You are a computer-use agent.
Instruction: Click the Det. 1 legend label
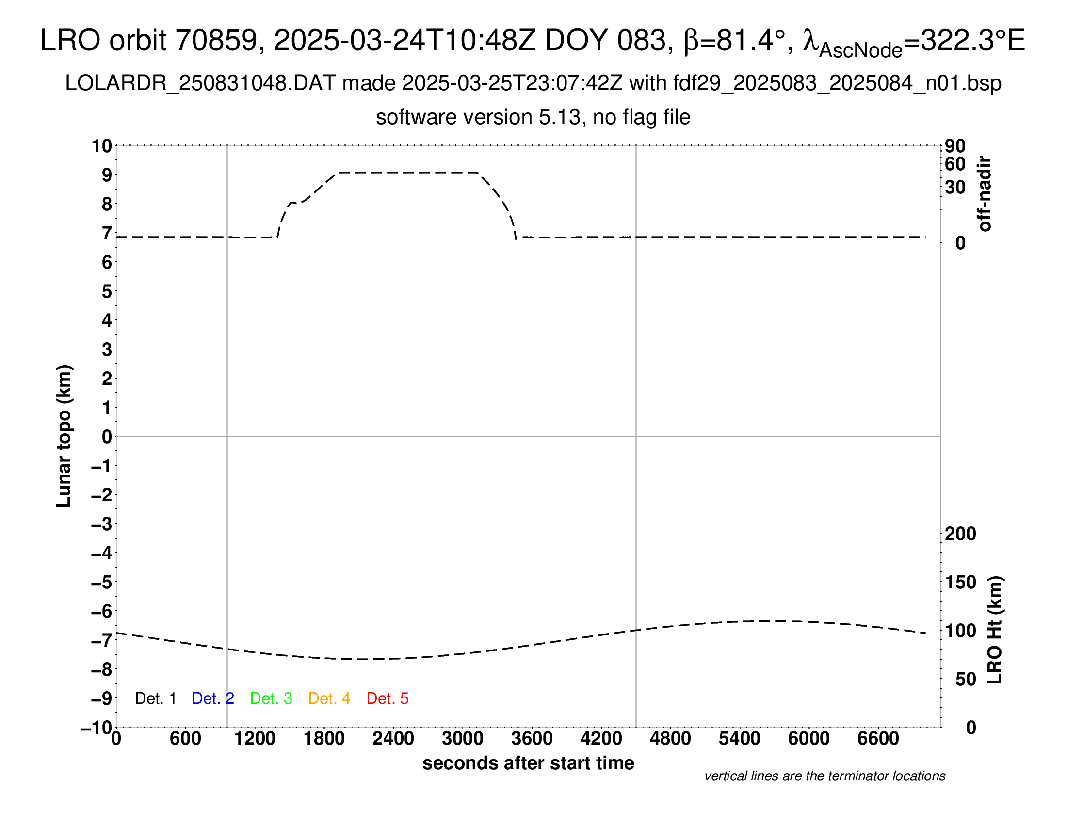155,698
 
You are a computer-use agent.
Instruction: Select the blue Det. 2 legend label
213,698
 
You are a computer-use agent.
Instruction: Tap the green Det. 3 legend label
271,698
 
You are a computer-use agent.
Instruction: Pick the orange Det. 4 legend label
329,698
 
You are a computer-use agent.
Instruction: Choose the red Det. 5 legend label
388,698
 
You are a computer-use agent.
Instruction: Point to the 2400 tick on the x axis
393,739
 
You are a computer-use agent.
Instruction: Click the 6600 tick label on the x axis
878,739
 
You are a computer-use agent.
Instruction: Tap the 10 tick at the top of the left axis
102,146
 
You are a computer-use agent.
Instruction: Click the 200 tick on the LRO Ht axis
960,534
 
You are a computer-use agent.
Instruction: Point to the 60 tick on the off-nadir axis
955,164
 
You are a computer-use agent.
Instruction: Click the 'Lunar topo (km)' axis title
65,436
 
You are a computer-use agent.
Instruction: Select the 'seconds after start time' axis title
528,763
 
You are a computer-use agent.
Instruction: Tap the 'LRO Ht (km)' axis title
995,630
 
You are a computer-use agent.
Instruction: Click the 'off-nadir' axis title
985,194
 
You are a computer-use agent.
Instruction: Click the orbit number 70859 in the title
216,40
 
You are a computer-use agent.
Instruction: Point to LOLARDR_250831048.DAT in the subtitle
200,83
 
